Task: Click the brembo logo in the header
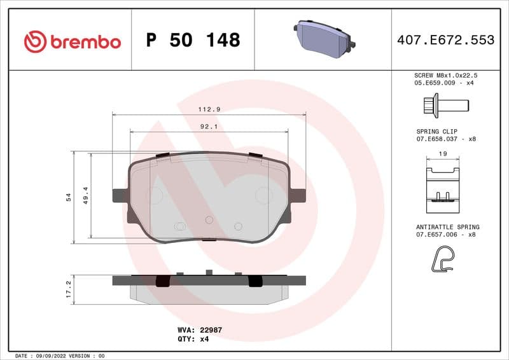(x=72, y=41)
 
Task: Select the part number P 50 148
(x=193, y=40)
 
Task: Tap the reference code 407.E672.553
(x=445, y=40)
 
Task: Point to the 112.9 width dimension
(x=209, y=109)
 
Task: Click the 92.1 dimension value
(x=209, y=127)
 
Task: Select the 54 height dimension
(x=69, y=198)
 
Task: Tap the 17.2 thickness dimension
(x=69, y=290)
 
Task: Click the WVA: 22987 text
(x=199, y=330)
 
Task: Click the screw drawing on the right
(x=445, y=104)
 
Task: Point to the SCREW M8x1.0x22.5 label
(x=445, y=75)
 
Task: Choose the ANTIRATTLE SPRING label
(x=447, y=227)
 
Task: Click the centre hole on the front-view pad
(x=209, y=219)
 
